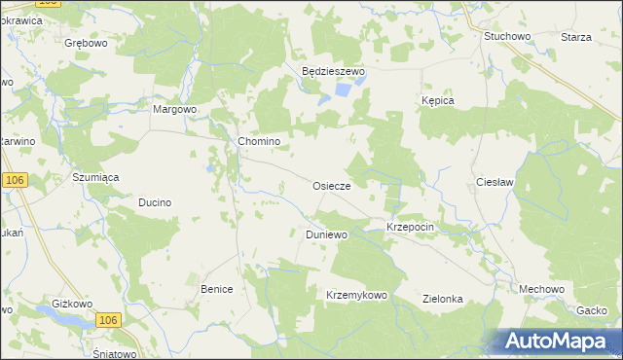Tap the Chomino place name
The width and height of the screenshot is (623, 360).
[259, 141]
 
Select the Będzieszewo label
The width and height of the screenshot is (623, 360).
[332, 71]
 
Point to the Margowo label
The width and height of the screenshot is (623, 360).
[175, 109]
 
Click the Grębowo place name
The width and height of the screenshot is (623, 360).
[86, 44]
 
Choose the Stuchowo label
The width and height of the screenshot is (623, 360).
[507, 36]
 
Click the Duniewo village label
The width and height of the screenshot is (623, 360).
[326, 234]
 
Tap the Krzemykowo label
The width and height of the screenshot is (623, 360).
[356, 295]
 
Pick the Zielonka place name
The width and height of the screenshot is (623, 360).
[442, 300]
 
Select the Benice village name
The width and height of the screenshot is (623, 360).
[217, 289]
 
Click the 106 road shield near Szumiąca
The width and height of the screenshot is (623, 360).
[14, 181]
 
